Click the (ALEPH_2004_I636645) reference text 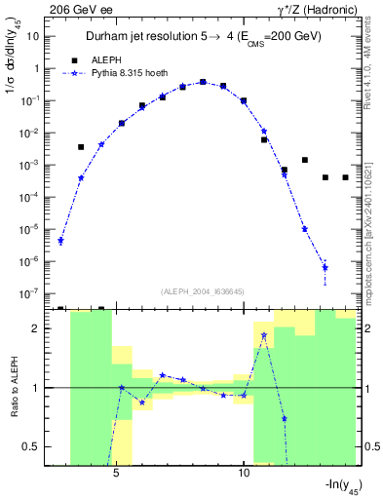pos(202,289)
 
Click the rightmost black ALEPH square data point pos(345,177)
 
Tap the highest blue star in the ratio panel pos(264,335)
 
